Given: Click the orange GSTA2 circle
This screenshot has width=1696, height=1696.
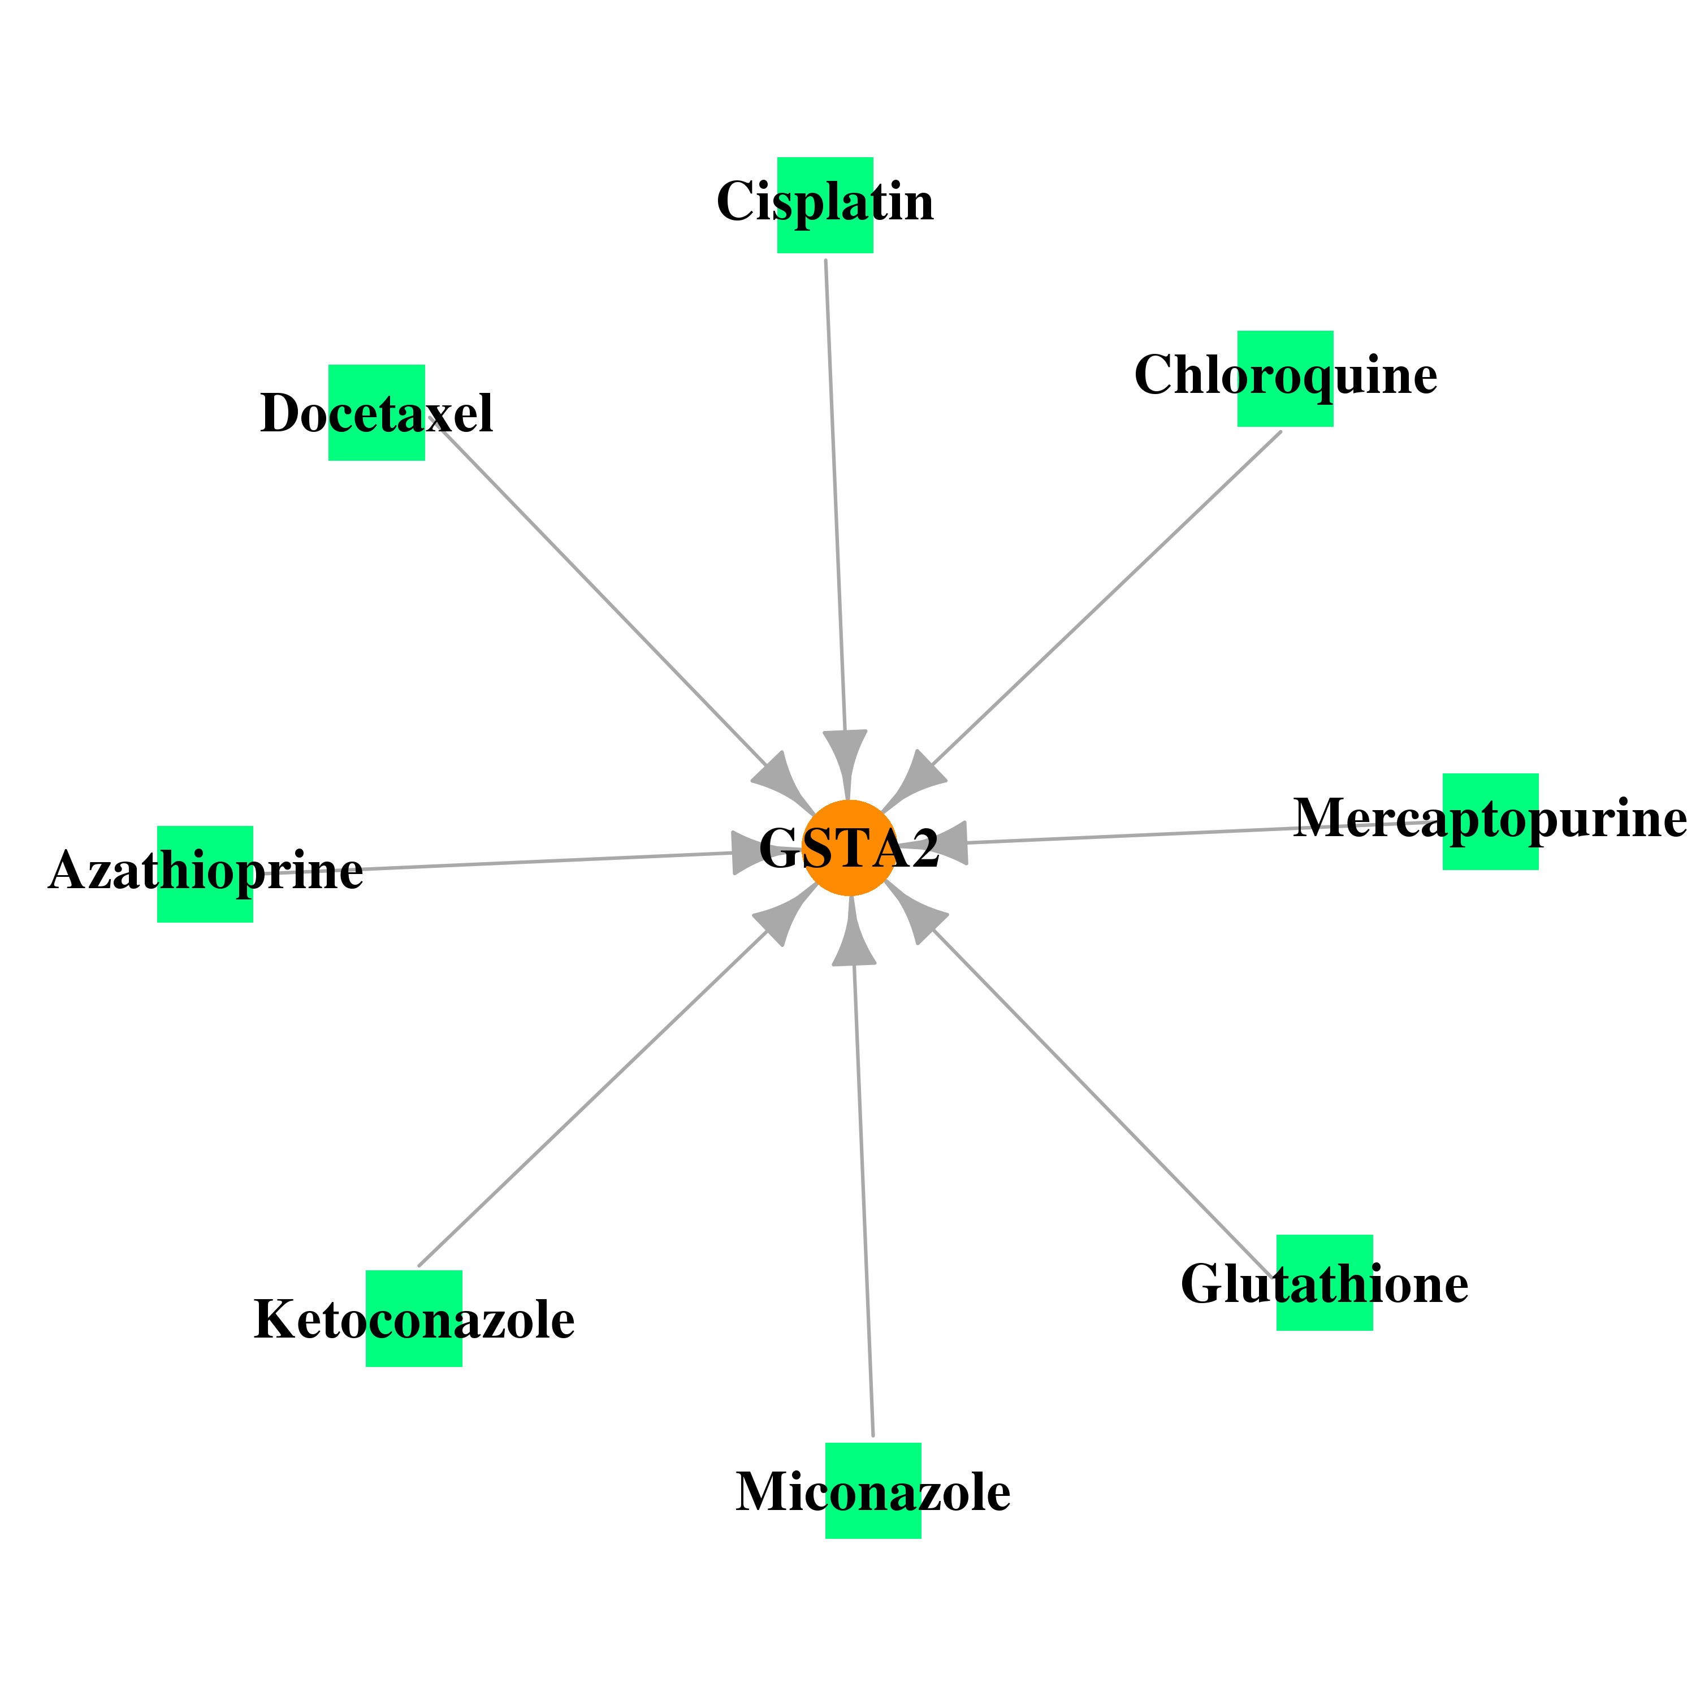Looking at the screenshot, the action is [849, 848].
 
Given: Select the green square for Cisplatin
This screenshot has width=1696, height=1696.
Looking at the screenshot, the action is [825, 205].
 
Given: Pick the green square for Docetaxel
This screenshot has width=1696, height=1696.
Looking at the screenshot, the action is [377, 413].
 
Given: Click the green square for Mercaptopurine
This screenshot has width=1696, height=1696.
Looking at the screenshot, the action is [1491, 821].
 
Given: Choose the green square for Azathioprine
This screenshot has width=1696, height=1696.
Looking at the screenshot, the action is [205, 875].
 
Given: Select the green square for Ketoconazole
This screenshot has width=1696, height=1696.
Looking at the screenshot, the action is [414, 1318].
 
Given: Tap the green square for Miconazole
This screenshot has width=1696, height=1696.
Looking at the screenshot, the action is [873, 1491].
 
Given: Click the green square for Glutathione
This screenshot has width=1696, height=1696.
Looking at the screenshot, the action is [1325, 1283].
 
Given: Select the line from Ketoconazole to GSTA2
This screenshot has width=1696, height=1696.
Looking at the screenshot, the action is [594, 1098].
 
